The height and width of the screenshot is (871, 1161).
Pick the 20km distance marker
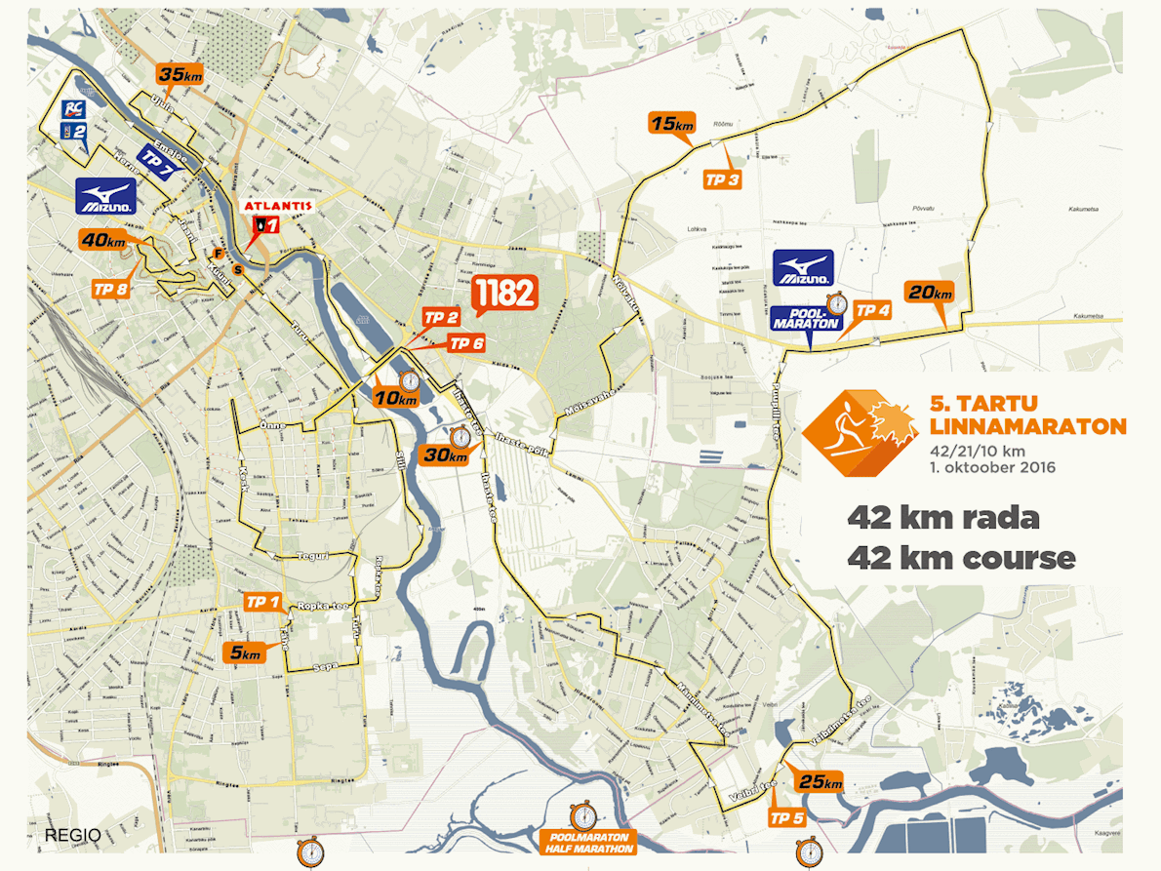click(x=929, y=293)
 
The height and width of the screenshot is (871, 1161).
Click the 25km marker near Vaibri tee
click(x=819, y=781)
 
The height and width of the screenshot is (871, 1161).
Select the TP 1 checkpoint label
click(x=262, y=601)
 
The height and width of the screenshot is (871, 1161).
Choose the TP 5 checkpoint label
click(x=786, y=817)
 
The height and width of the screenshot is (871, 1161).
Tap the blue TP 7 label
click(x=155, y=161)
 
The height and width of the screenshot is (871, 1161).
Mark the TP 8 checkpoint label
click(x=109, y=289)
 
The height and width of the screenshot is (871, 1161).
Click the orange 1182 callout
click(x=504, y=293)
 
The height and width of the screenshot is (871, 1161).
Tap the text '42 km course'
click(x=960, y=558)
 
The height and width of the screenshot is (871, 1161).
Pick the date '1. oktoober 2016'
click(x=992, y=467)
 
